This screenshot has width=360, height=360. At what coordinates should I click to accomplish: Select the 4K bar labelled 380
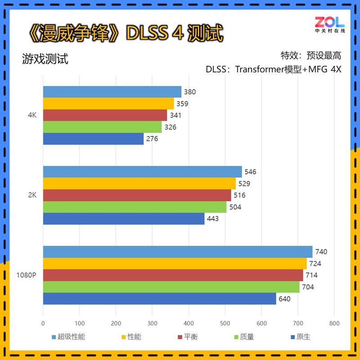coord(112,92)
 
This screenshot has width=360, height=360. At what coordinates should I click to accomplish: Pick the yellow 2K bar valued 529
coord(139,183)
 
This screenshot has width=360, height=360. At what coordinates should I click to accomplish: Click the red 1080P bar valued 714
coord(173,275)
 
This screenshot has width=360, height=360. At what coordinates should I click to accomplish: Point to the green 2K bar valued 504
coord(135,207)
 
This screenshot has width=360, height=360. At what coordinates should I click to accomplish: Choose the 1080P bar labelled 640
coord(159,299)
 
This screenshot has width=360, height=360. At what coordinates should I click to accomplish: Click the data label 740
coord(321,252)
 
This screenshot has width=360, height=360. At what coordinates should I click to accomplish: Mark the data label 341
coord(176,115)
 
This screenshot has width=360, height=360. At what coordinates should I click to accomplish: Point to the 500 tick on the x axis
coord(225,323)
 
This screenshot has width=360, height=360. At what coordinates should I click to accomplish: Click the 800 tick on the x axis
coord(334,323)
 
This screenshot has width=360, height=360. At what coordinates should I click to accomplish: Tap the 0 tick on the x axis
coord(43,323)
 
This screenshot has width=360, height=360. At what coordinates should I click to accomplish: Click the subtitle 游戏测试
coord(45,59)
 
